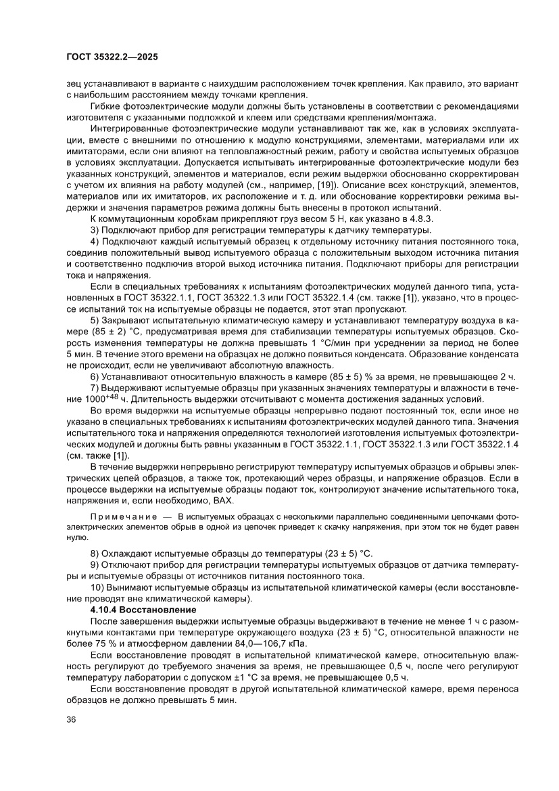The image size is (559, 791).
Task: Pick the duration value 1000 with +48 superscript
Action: (x=88, y=399)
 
